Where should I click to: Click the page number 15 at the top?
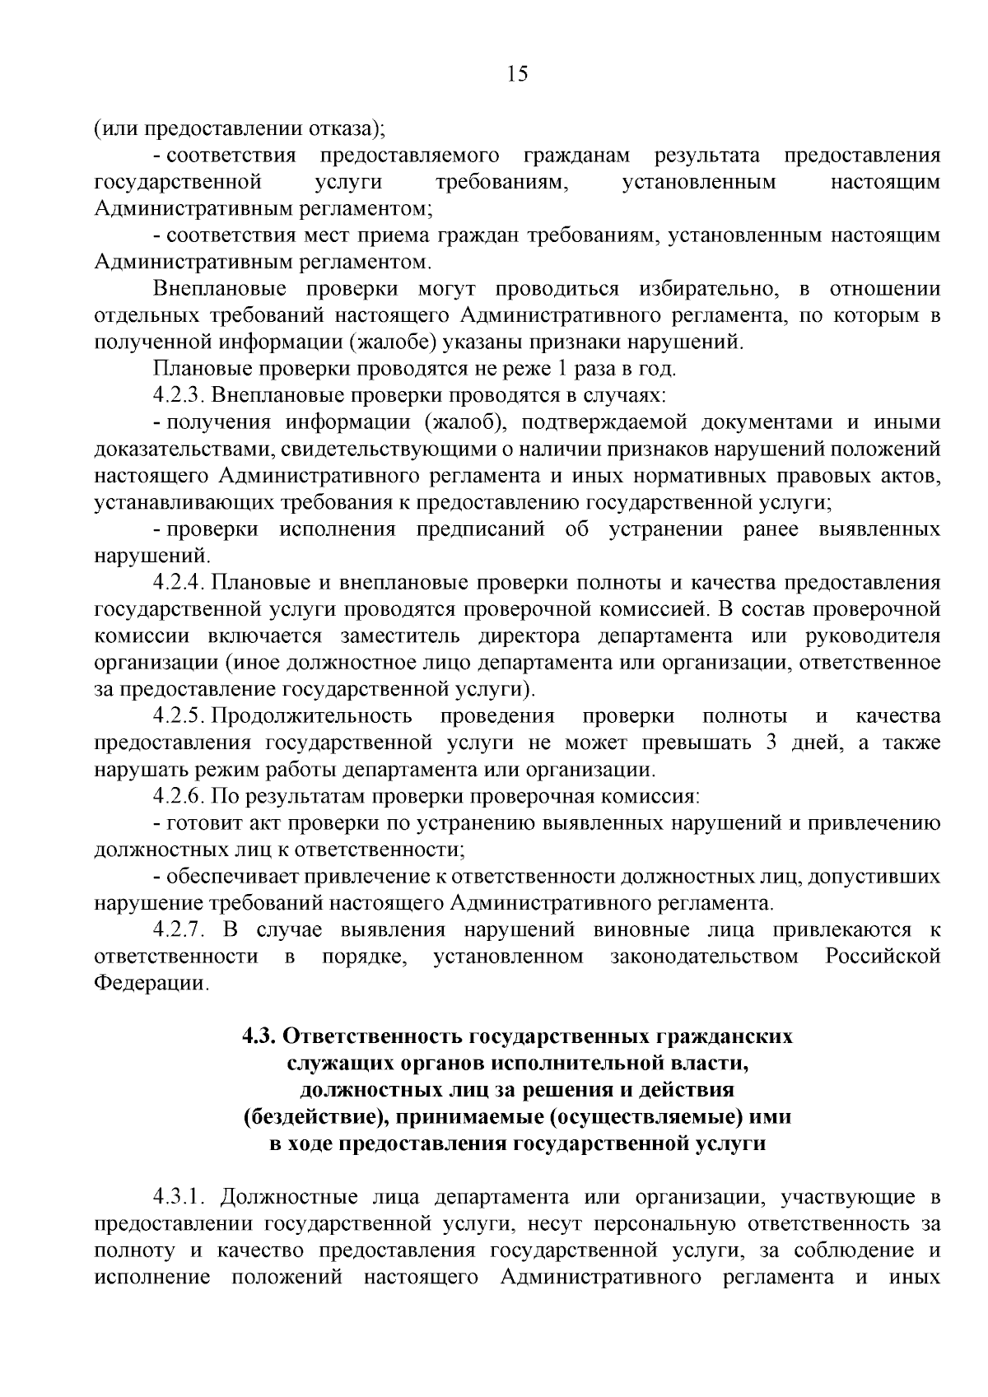click(517, 74)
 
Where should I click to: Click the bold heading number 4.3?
click(259, 1036)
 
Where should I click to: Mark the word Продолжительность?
click(312, 716)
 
